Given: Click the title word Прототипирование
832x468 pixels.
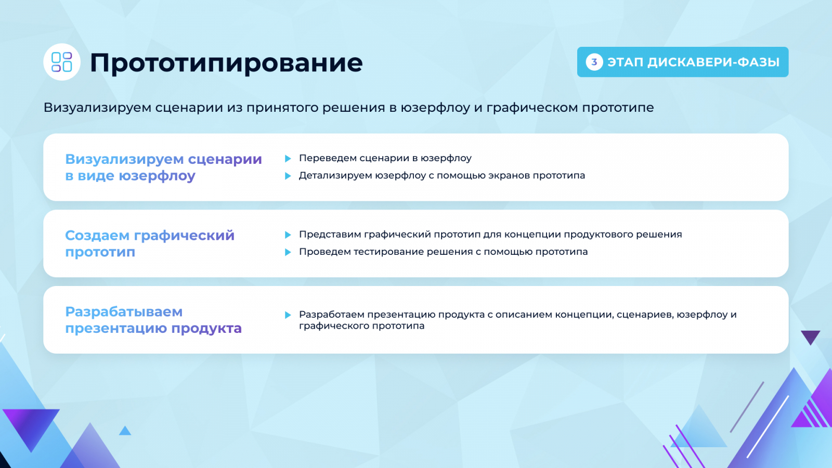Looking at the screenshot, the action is click(x=226, y=63).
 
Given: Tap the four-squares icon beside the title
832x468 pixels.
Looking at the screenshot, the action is click(x=62, y=62).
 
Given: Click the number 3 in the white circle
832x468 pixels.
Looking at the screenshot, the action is click(x=594, y=62).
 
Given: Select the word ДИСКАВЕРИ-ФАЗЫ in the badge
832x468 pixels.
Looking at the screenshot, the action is click(x=713, y=62).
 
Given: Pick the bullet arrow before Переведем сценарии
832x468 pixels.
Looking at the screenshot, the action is click(x=288, y=159).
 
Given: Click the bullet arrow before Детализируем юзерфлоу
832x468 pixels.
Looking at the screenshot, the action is click(x=288, y=176).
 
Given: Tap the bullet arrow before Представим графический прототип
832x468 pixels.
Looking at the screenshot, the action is click(x=288, y=235).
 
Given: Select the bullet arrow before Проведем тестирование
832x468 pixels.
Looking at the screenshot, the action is click(x=288, y=252).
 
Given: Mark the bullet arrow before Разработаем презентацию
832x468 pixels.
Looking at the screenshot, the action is click(x=288, y=315).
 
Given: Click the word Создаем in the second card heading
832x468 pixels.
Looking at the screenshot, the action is click(x=97, y=235).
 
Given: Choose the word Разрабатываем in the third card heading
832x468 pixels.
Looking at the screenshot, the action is click(x=124, y=311).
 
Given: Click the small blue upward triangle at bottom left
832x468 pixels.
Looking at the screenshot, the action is click(x=125, y=431).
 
